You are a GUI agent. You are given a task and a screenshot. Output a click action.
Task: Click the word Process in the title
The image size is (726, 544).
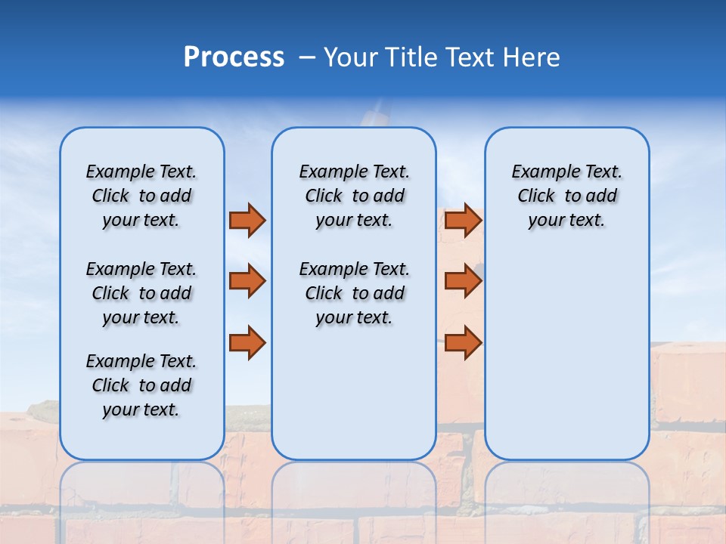(x=234, y=57)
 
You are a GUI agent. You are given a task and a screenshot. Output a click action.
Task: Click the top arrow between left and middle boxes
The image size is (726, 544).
(x=247, y=221)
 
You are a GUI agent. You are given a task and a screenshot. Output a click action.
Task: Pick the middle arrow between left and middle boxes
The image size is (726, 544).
(x=247, y=281)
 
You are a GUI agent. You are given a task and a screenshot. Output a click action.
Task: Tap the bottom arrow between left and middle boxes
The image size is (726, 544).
(x=247, y=342)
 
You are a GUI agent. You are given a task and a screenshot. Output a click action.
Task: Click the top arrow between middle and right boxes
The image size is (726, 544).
(x=463, y=221)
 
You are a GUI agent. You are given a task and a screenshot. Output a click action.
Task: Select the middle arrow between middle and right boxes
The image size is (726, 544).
(x=463, y=281)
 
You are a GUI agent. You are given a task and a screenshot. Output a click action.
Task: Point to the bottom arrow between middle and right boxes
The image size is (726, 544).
(x=463, y=342)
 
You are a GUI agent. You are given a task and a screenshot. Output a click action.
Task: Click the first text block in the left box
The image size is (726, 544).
(x=141, y=196)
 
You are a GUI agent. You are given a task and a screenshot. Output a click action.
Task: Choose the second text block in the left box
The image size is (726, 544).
(x=141, y=293)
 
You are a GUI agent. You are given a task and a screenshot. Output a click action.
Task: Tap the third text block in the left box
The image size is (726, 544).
(x=141, y=385)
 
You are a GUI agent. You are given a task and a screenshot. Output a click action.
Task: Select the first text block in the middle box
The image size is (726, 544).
(x=354, y=196)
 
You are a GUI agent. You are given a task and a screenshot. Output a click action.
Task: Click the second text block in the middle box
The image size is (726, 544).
(x=354, y=293)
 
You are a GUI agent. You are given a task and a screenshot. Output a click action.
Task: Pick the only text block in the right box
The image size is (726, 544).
(x=567, y=196)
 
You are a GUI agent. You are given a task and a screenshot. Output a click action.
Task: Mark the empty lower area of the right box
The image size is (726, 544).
(x=567, y=355)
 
